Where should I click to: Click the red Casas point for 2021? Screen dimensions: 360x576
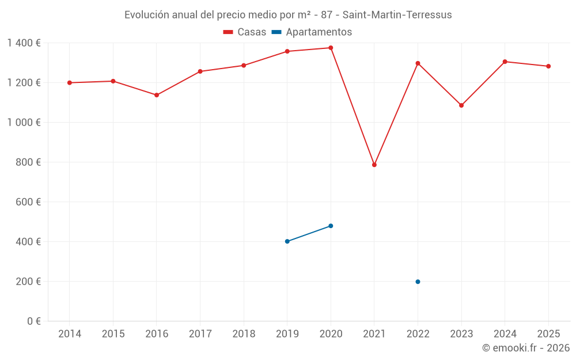[374, 165]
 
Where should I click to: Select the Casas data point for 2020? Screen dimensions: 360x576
[331, 48]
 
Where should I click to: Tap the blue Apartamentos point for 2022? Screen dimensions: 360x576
[418, 282]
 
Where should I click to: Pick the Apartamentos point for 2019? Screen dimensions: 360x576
[287, 241]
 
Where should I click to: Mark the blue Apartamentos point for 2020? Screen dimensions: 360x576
[331, 226]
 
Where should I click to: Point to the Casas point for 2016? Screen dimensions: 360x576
[157, 95]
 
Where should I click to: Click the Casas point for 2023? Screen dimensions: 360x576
[461, 105]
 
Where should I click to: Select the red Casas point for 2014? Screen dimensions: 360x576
[70, 83]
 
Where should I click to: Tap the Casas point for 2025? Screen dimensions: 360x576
[548, 66]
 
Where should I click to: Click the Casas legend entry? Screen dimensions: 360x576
[245, 32]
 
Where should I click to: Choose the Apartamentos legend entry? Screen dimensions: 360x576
[312, 32]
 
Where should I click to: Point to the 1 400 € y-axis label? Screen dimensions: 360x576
[24, 43]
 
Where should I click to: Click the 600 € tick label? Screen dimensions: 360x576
[29, 202]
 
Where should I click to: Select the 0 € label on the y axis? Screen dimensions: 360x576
[33, 321]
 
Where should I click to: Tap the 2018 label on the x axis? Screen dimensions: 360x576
[244, 334]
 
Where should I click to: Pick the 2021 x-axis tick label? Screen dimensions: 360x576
[374, 334]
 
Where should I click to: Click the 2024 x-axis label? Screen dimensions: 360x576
[505, 334]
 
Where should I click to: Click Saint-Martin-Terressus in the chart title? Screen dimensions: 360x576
[397, 15]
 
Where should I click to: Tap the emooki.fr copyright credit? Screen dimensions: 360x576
[526, 348]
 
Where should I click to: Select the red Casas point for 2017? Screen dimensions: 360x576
[200, 71]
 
